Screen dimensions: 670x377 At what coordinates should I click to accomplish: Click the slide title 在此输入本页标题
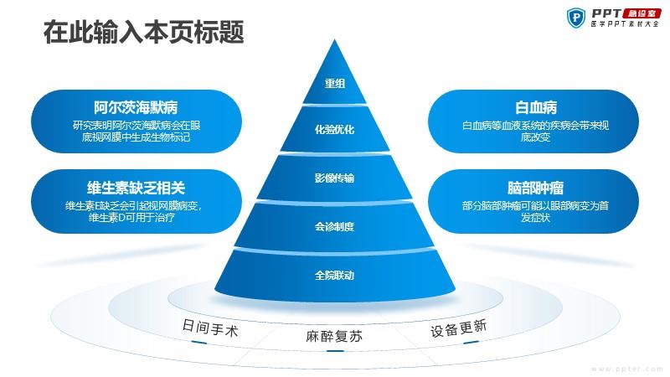143,32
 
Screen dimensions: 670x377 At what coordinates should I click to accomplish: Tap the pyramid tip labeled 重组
334,77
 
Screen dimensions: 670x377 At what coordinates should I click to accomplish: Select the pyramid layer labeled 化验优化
334,129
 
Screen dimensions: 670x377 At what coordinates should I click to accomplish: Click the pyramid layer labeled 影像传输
334,178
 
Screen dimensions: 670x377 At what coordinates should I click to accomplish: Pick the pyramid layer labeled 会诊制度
334,226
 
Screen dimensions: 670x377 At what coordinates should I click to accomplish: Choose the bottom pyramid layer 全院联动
334,275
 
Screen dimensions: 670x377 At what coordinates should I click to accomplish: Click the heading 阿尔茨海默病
136,107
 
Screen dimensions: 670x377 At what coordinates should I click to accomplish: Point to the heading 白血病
536,107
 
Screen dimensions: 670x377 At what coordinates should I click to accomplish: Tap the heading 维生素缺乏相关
136,188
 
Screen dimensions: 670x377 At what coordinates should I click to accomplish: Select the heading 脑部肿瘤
536,188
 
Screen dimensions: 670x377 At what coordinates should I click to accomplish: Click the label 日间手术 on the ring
210,328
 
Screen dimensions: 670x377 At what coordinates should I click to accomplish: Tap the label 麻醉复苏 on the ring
334,336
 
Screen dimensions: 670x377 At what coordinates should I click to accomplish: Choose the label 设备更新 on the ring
458,328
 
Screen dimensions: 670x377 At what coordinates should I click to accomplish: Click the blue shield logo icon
576,18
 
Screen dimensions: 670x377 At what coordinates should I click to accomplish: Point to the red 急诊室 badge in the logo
642,13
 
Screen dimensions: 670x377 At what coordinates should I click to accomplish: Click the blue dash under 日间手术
199,342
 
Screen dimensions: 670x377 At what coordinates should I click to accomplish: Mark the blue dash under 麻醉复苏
334,351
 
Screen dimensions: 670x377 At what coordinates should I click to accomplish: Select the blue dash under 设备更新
471,342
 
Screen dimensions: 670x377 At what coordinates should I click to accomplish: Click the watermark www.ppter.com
626,369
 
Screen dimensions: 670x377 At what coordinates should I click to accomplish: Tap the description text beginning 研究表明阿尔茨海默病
136,132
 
